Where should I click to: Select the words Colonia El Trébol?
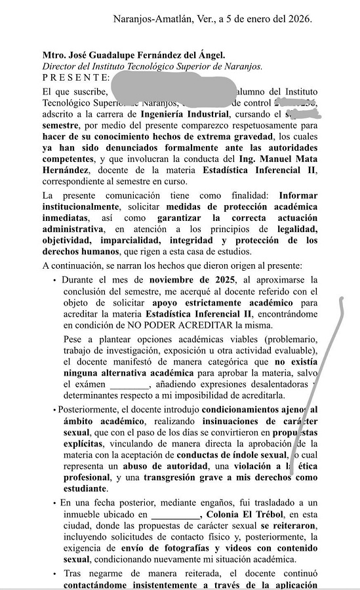pos(239,514)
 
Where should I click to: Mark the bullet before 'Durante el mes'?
pos(55,279)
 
